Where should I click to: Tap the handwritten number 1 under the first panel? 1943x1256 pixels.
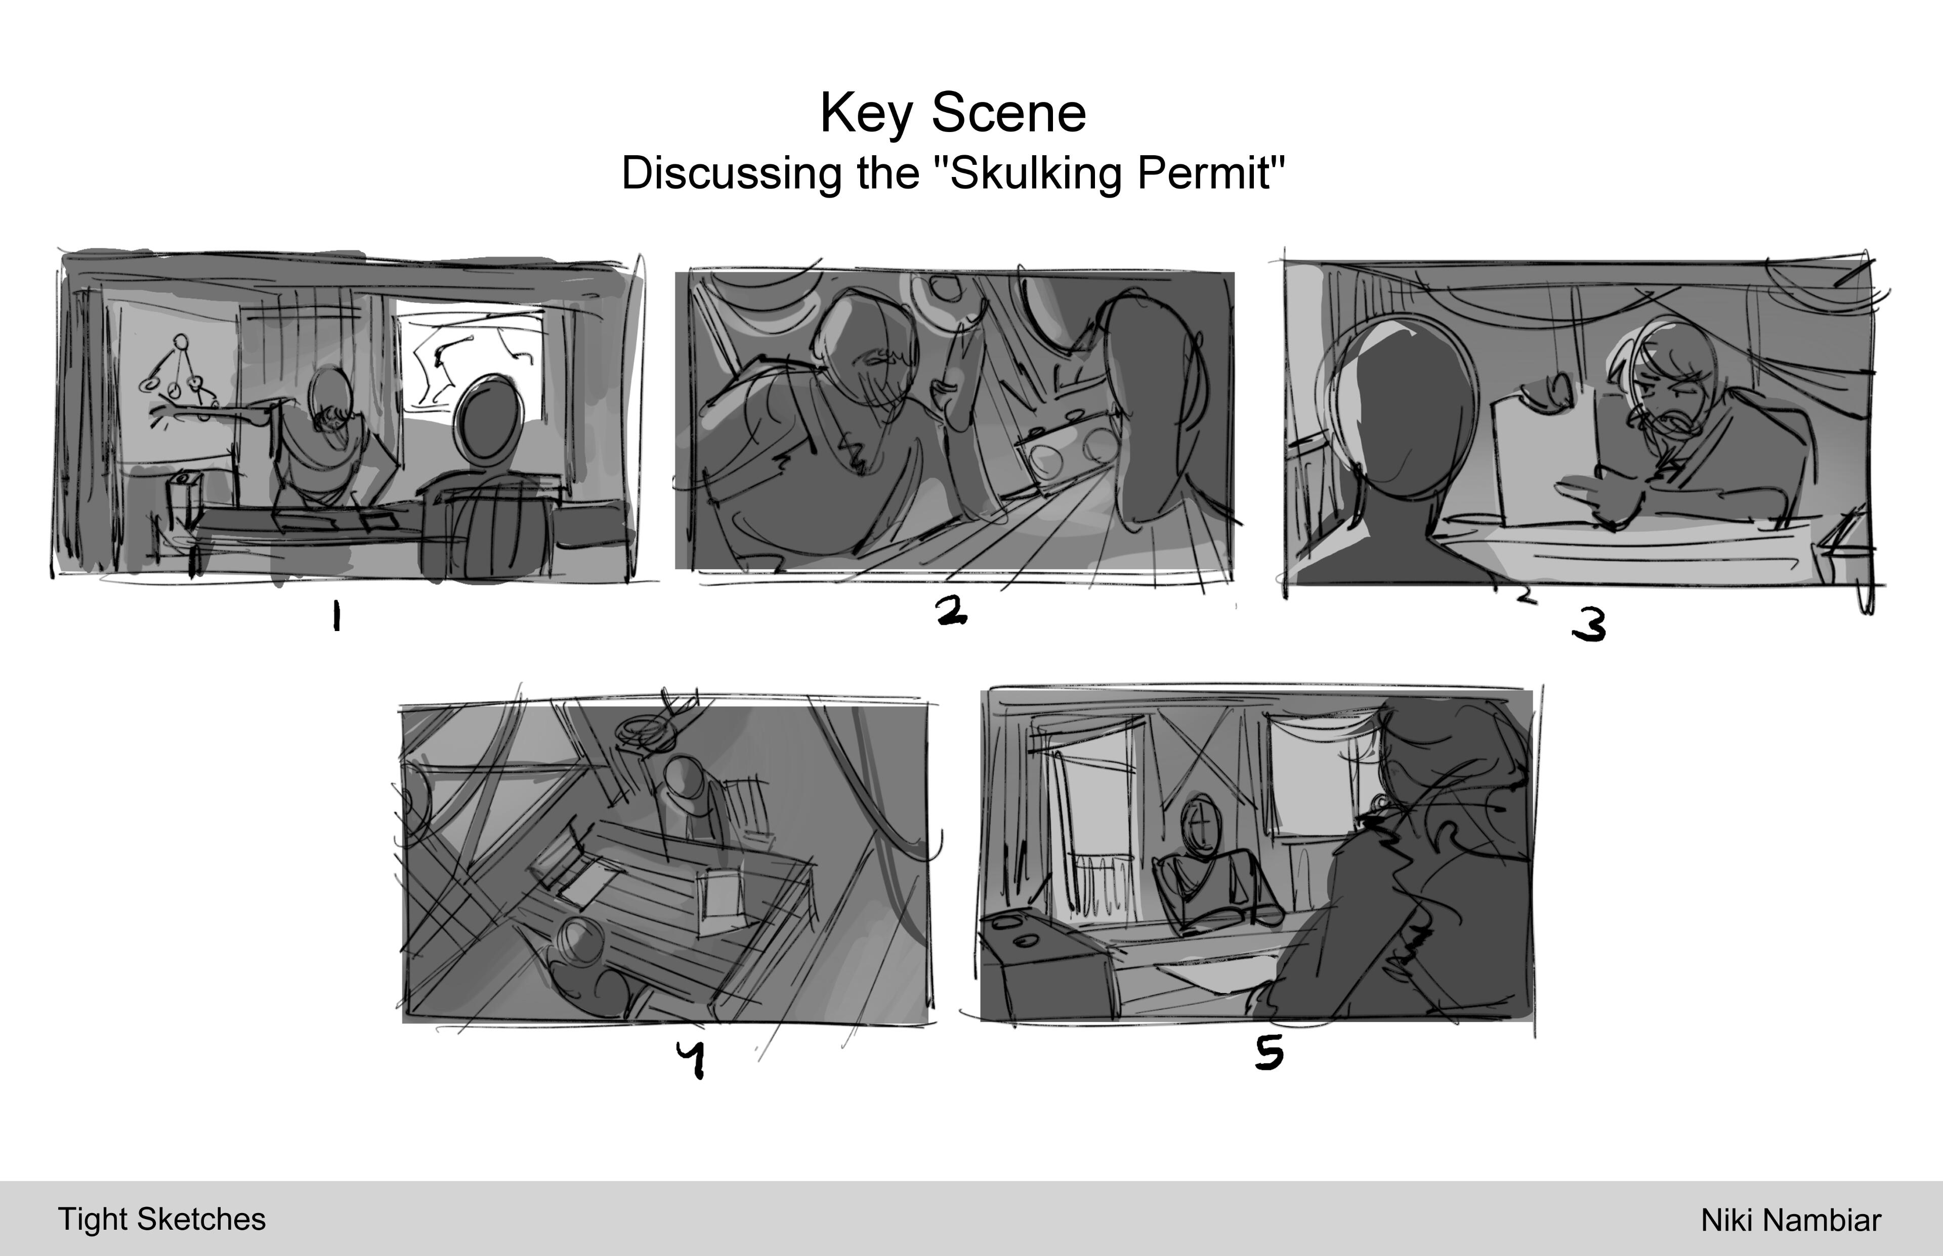coord(336,616)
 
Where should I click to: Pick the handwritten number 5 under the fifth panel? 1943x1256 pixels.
coord(1269,1052)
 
